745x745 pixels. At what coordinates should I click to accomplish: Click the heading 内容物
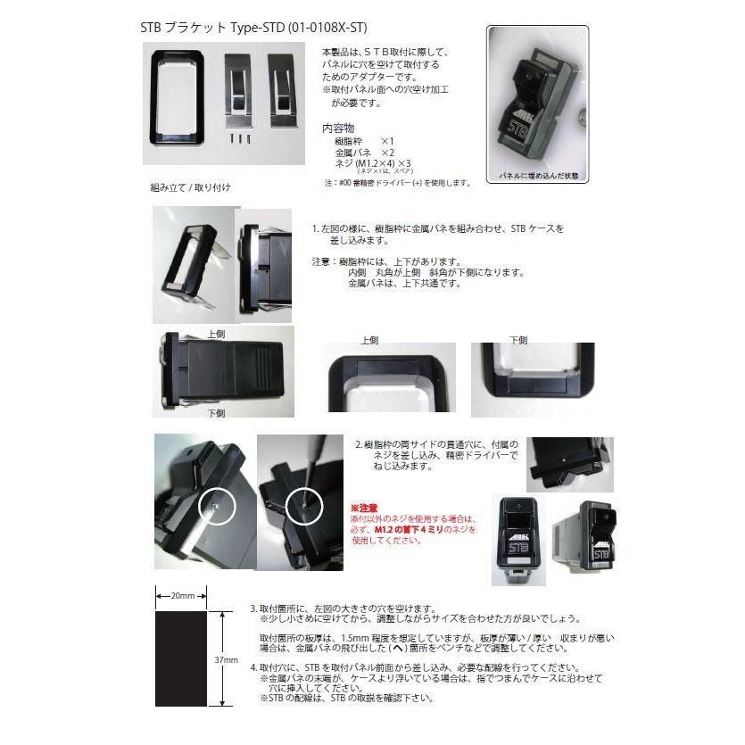(339, 128)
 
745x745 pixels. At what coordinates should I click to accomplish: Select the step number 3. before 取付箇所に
(253, 607)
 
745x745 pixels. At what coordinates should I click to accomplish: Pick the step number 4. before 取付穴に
(253, 667)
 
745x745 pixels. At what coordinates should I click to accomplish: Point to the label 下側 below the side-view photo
(216, 413)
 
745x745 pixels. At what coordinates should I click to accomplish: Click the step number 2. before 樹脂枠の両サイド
(359, 443)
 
